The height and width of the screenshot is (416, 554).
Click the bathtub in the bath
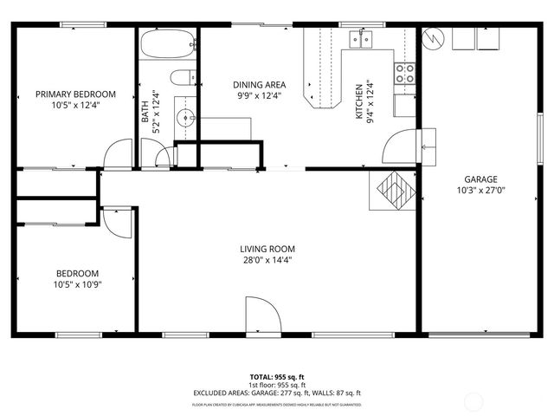point(168,45)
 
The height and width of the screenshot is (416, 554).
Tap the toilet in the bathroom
point(183,78)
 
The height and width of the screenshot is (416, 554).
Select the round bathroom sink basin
point(183,116)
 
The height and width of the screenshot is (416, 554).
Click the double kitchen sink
point(362,39)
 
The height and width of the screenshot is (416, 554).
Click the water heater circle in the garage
point(435,39)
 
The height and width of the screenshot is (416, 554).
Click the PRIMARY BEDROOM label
point(75,94)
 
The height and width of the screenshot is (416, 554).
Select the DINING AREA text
point(259,85)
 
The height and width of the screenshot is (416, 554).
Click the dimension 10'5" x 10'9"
point(78,284)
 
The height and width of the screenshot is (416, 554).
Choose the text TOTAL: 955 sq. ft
point(277,376)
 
